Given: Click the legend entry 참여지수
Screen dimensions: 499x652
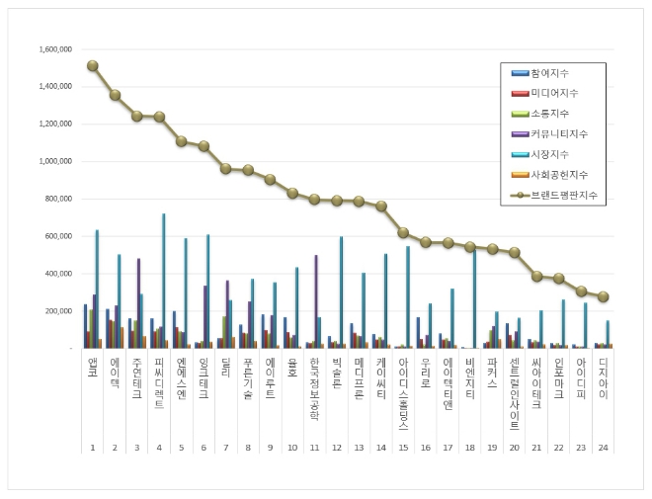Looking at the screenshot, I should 549,73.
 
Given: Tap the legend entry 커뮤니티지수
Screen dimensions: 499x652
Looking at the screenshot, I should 559,133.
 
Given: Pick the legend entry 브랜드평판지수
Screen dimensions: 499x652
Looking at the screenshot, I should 562,196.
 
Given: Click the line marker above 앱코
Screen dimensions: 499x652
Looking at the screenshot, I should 93,65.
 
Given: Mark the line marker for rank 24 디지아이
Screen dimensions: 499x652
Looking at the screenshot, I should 604,296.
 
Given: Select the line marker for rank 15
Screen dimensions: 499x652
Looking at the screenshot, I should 403,232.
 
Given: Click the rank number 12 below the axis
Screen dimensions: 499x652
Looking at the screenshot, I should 337,448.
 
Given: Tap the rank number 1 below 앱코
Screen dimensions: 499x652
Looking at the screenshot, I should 93,448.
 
